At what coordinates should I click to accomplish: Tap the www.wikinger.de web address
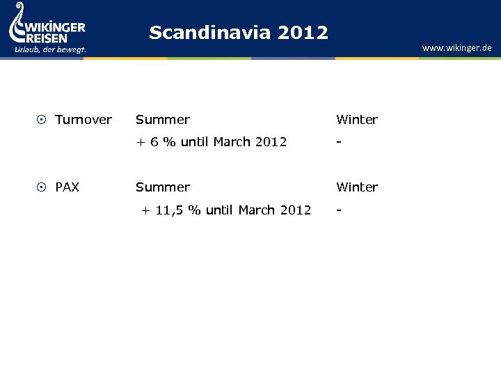point(456,48)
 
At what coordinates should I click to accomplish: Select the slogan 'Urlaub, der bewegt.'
point(50,49)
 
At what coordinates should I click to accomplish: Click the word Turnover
point(83,120)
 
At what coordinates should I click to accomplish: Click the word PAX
point(67,187)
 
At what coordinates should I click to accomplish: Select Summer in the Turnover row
point(162,120)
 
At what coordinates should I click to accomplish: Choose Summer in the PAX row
point(162,187)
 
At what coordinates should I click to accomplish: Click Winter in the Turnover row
point(356,120)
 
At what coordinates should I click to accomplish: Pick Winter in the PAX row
point(356,187)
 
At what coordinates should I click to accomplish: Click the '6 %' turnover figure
point(162,142)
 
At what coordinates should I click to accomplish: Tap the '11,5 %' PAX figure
point(177,210)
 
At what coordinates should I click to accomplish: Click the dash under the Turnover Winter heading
point(338,142)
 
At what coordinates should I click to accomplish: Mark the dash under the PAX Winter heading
point(338,210)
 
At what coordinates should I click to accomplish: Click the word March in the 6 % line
point(232,142)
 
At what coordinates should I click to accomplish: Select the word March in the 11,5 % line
point(257,210)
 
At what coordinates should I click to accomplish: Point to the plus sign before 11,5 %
point(145,210)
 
